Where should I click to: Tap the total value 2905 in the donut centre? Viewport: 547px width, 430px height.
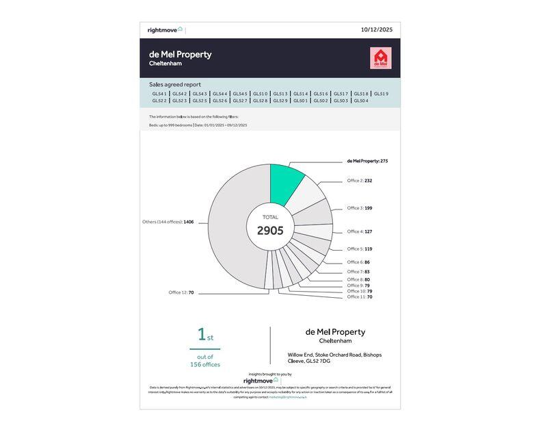point(270,231)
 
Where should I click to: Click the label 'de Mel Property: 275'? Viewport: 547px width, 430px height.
point(367,161)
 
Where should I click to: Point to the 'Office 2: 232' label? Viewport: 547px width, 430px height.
point(360,181)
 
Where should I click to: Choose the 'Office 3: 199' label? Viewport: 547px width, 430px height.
point(360,207)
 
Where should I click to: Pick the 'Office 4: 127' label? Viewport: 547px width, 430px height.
point(360,231)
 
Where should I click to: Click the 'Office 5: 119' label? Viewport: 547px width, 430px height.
point(360,249)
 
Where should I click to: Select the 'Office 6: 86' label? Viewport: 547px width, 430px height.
point(358,262)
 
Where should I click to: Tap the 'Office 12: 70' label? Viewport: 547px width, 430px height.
point(181,292)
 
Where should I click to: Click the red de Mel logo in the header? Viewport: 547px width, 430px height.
point(379,58)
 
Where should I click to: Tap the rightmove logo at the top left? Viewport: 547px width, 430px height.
point(165,30)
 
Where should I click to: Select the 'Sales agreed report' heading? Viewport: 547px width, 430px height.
point(175,85)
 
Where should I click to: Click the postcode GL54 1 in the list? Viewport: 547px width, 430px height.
point(159,94)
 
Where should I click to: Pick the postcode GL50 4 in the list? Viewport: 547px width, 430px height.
point(361,101)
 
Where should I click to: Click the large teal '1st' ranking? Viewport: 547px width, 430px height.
point(205,335)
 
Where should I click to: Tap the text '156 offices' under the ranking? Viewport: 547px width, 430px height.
point(205,364)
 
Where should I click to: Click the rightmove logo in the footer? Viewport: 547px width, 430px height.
point(261,380)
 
